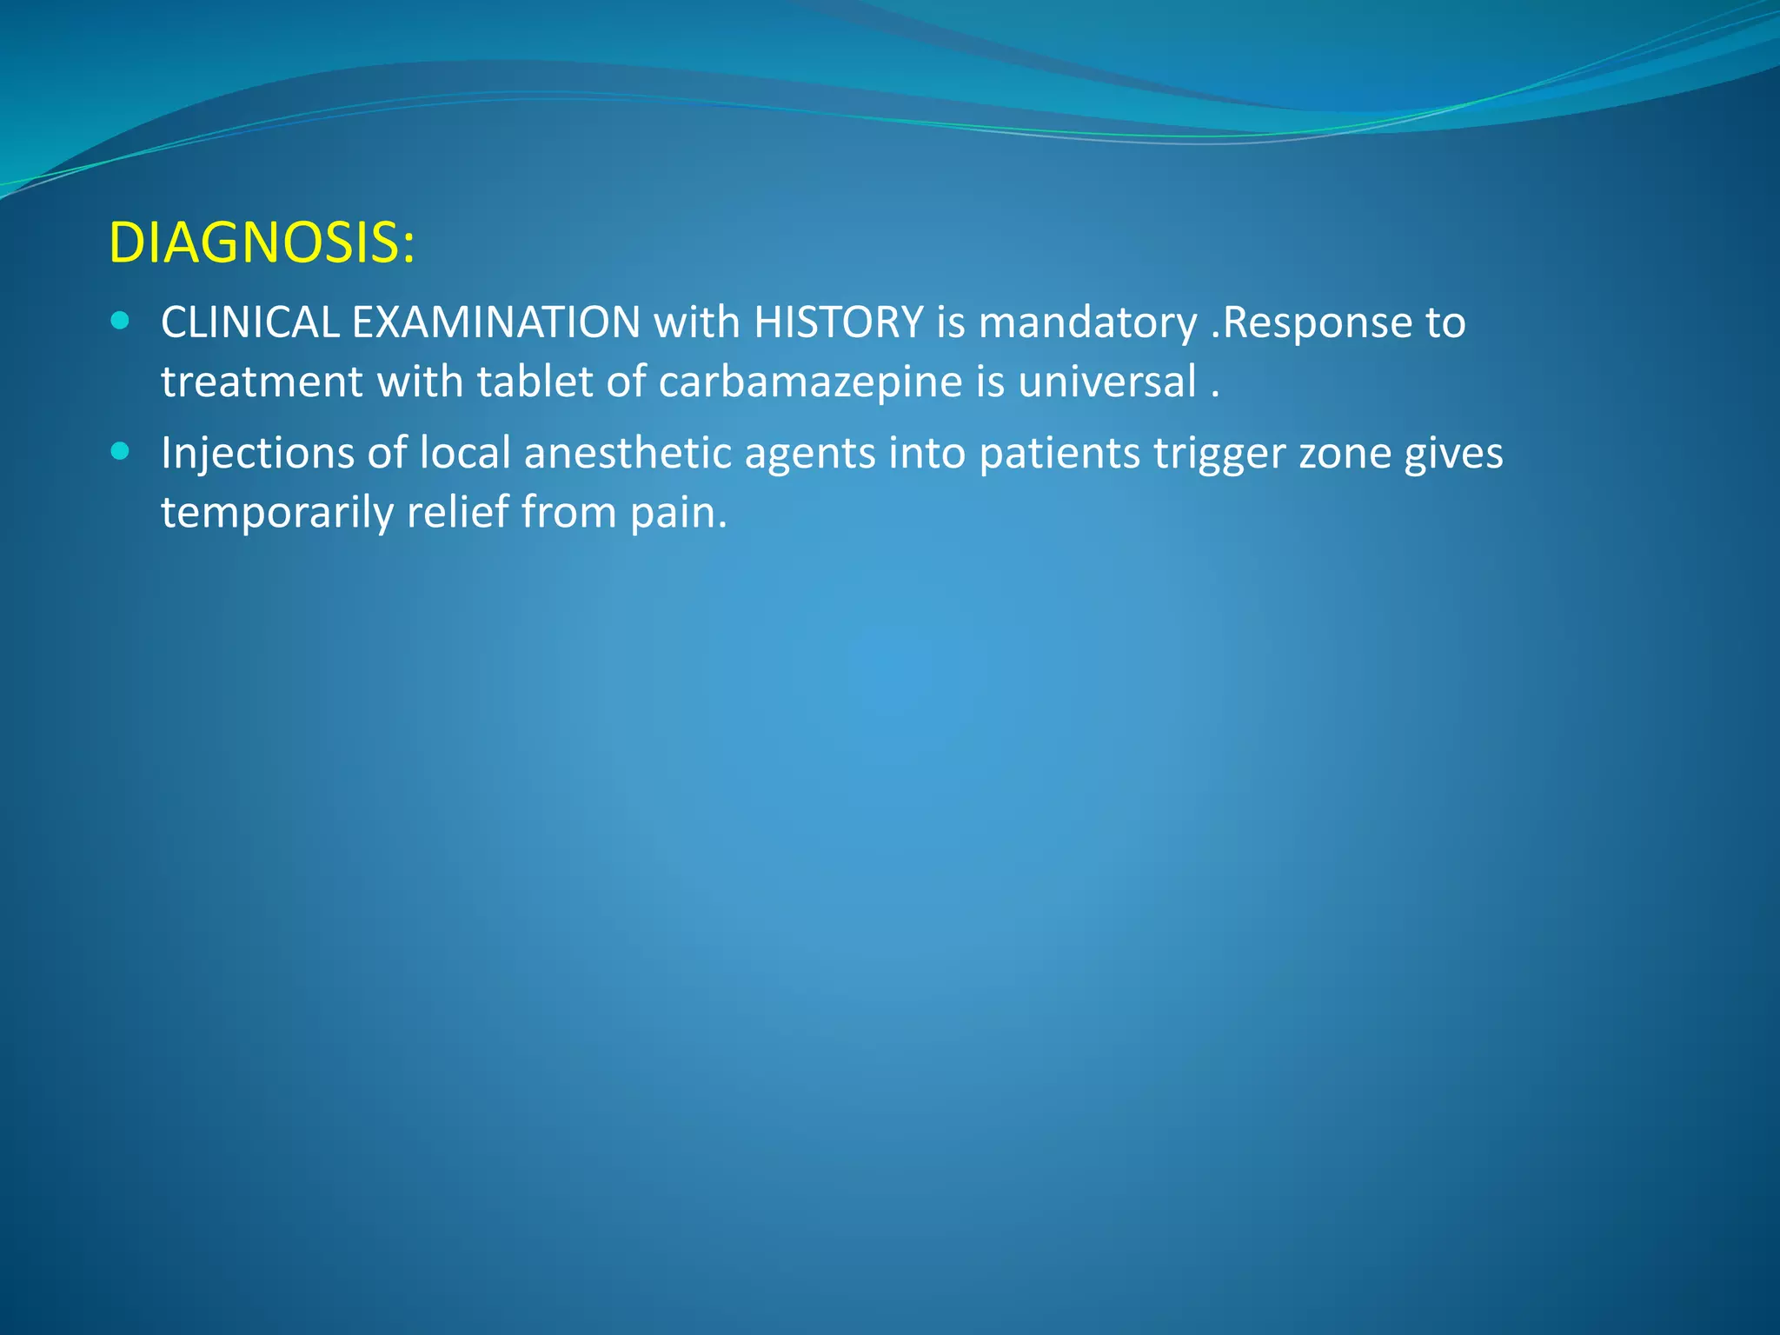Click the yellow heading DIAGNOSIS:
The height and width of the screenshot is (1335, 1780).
262,242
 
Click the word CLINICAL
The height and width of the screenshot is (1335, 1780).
249,322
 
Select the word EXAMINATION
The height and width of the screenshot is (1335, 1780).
495,322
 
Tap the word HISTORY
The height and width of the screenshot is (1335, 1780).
838,322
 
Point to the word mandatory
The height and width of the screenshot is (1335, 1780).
1087,324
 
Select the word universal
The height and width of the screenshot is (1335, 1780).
1107,382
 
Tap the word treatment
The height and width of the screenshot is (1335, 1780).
262,382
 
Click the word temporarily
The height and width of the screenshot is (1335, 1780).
277,513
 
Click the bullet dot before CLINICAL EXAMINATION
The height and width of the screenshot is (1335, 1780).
121,322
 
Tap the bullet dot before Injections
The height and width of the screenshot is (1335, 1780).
121,452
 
